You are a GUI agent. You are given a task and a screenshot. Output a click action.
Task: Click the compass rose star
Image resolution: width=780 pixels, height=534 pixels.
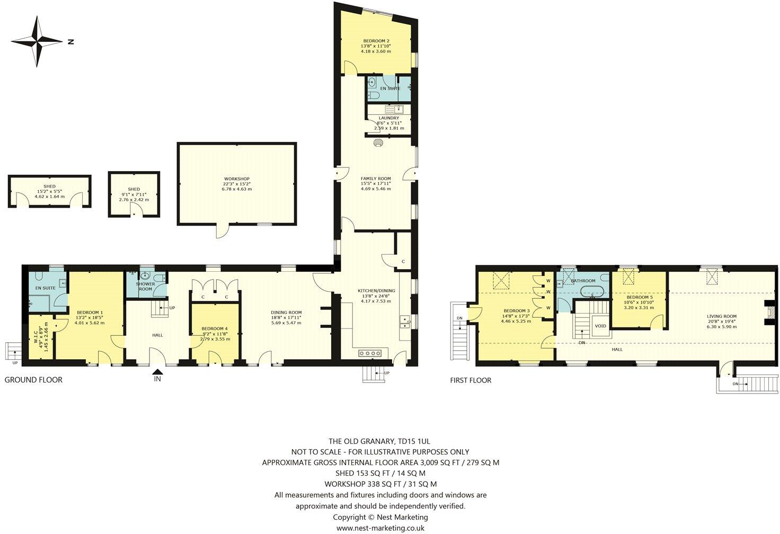(x=37, y=41)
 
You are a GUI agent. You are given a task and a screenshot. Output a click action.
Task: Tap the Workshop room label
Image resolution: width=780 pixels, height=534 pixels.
(x=237, y=179)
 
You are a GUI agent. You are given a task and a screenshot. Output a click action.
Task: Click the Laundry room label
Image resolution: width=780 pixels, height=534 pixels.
(x=388, y=118)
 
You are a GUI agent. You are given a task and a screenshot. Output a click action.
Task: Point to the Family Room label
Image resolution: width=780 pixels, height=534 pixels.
(x=376, y=179)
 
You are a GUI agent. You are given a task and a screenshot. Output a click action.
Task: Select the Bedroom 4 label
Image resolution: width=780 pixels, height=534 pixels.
(x=215, y=328)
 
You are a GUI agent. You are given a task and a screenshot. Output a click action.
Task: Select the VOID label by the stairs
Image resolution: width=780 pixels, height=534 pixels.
(x=600, y=326)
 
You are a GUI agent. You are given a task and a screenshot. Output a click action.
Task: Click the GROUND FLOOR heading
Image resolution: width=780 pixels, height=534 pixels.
(x=33, y=380)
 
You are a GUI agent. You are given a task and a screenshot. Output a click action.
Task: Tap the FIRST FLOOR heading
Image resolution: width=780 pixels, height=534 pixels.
(x=471, y=380)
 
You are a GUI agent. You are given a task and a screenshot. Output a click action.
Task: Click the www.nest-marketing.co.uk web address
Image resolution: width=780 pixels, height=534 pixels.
(x=380, y=528)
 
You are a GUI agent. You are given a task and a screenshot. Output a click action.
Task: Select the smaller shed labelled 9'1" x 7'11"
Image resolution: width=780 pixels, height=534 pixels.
(x=134, y=194)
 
